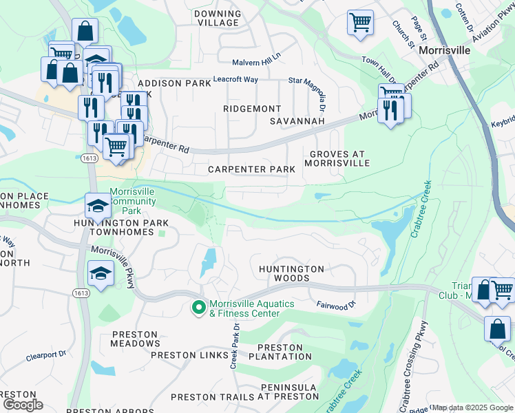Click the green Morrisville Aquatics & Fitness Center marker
199,308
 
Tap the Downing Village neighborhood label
218,18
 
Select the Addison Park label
174,83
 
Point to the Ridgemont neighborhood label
253,109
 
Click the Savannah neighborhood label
297,121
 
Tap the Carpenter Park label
252,169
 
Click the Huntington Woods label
291,273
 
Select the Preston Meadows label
136,339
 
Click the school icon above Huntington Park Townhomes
97,205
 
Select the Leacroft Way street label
235,80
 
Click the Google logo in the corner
22,405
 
